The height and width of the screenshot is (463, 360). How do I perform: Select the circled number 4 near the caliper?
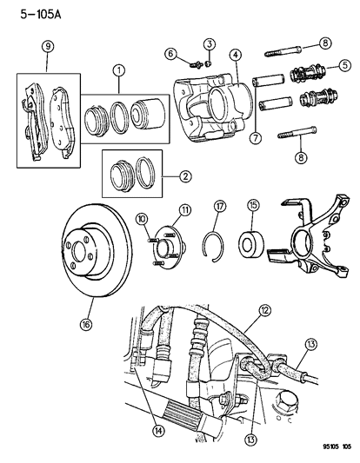tap(234, 56)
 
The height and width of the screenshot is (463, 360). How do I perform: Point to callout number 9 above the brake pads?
tap(48, 47)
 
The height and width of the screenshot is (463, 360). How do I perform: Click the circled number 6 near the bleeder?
tap(171, 54)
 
